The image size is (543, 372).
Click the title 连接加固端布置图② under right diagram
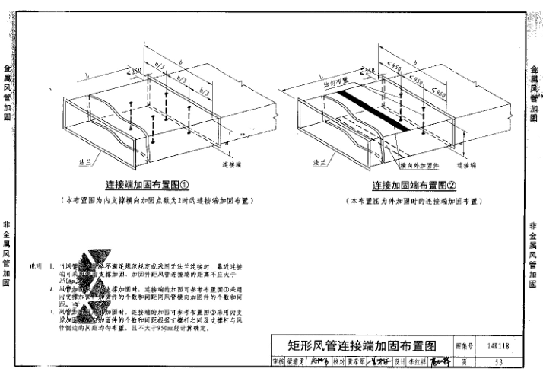coord(414,186)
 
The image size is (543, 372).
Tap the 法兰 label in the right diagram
coord(319,162)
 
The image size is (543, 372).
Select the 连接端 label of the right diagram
coord(466,164)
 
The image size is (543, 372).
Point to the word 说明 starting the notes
coord(35,267)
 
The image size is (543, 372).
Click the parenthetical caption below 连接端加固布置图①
coord(157,200)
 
